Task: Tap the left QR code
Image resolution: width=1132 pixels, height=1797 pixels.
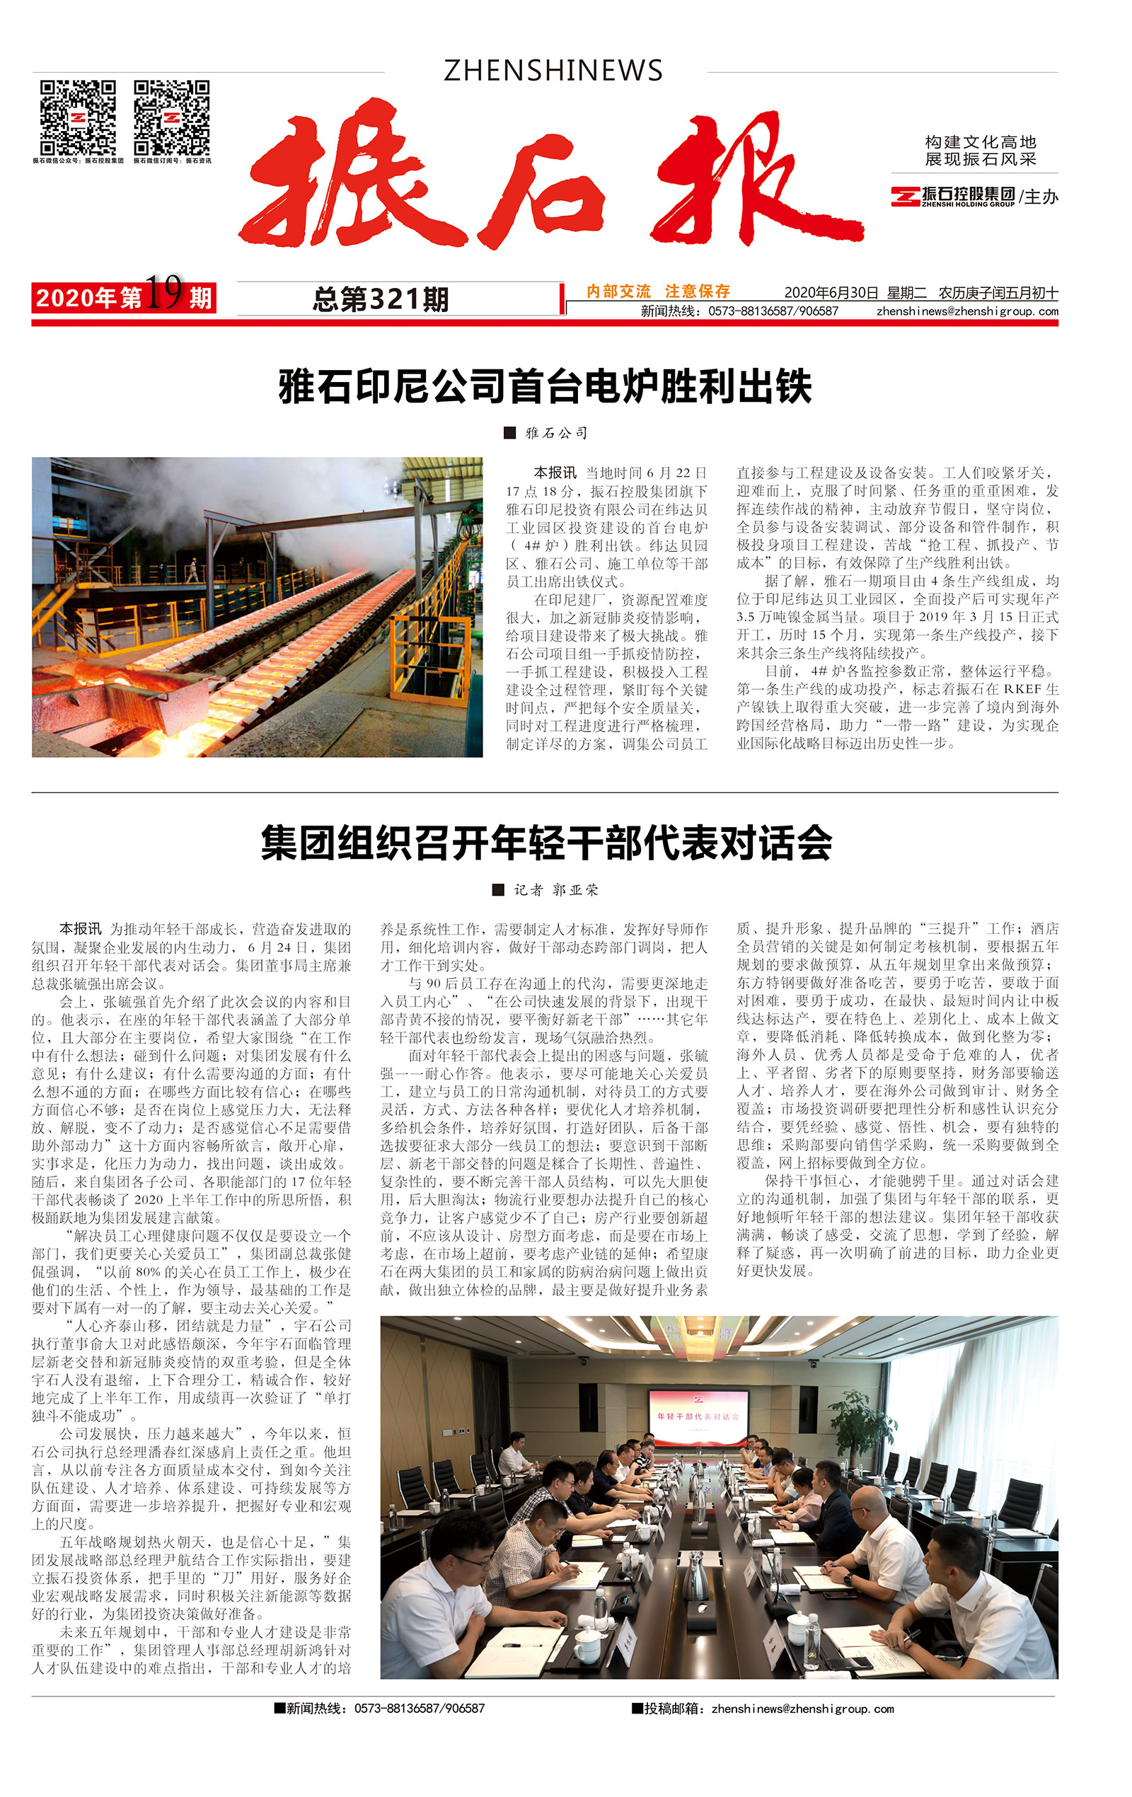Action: tap(78, 117)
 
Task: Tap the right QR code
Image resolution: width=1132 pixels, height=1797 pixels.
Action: tap(172, 117)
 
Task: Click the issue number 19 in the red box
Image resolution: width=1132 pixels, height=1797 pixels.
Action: tap(163, 291)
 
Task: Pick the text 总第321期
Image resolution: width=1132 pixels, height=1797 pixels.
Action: tap(381, 300)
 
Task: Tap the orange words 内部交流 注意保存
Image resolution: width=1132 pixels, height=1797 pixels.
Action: tap(657, 291)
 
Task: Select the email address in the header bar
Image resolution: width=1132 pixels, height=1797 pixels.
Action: tap(966, 311)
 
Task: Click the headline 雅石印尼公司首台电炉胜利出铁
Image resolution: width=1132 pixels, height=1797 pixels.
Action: tap(545, 386)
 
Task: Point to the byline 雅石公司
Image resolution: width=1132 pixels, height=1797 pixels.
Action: tap(556, 433)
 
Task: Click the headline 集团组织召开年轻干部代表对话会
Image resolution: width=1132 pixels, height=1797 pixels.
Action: tap(545, 843)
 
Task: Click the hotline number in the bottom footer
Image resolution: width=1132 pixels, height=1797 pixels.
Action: tap(419, 1708)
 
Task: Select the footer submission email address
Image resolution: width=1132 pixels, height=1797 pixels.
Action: tap(802, 1708)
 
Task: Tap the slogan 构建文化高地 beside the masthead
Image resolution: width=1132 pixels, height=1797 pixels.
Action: tap(980, 141)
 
